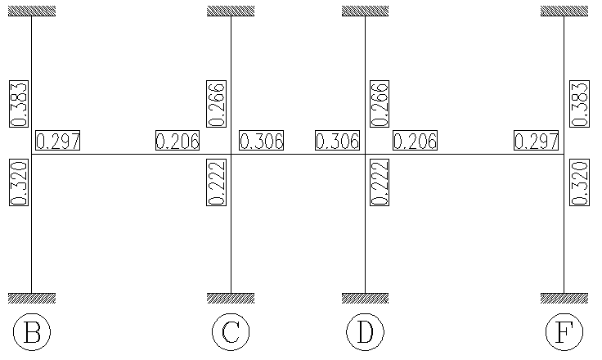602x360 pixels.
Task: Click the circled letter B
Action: [x=32, y=332]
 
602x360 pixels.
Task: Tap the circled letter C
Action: [x=231, y=332]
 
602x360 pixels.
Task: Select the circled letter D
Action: [x=365, y=332]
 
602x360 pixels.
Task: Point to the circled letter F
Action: [x=564, y=332]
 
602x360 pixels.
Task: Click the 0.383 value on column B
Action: [x=19, y=104]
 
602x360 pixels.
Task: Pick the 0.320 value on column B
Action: [x=19, y=182]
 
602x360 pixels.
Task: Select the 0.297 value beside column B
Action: [x=58, y=141]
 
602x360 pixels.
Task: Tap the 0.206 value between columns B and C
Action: [x=177, y=141]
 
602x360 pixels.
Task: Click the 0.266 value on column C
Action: [x=218, y=104]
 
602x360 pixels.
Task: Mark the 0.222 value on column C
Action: [x=218, y=182]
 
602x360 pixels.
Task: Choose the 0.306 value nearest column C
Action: [x=261, y=141]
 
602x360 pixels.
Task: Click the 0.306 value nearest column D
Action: [x=338, y=141]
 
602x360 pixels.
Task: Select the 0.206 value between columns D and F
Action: [x=415, y=141]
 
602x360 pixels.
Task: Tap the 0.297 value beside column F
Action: [x=537, y=141]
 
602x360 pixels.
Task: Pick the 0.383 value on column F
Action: [x=578, y=104]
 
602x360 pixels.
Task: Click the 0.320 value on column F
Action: [x=578, y=182]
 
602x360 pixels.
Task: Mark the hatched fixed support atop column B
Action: [x=32, y=11]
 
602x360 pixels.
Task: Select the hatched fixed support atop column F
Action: [x=564, y=11]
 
